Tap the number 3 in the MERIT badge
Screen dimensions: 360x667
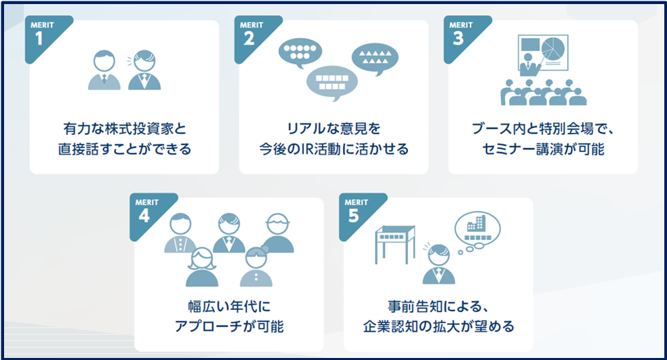(458, 38)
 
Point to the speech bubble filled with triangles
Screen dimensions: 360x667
(375, 57)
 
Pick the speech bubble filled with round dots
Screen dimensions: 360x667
(300, 52)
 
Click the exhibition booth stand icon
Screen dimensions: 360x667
(395, 244)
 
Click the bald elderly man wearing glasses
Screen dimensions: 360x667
(277, 233)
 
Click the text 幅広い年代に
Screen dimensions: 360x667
(229, 306)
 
